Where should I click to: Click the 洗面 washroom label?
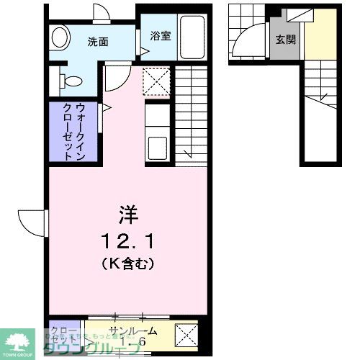(x=98, y=42)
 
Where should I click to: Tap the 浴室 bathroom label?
(x=161, y=35)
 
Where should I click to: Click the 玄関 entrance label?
(x=284, y=40)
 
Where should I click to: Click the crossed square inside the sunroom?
(x=187, y=335)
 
